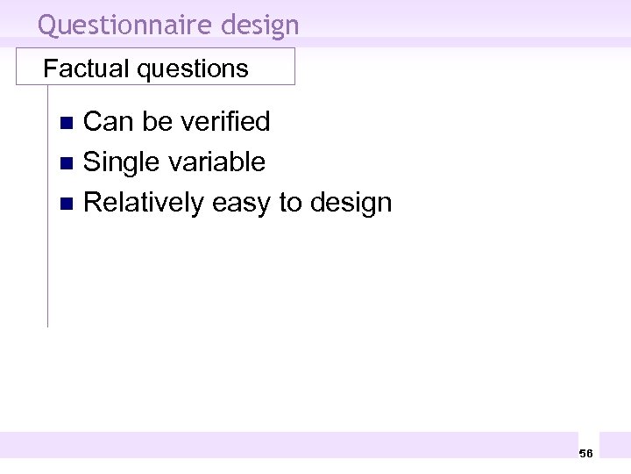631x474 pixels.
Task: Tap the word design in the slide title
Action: pos(260,25)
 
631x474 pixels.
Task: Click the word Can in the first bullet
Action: pos(108,121)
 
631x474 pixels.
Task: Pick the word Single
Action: pos(119,162)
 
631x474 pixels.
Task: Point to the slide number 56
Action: pos(586,453)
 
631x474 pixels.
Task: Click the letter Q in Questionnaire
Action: pos(47,25)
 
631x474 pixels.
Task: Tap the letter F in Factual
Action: pos(50,68)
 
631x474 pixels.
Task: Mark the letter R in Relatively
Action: pos(92,203)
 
